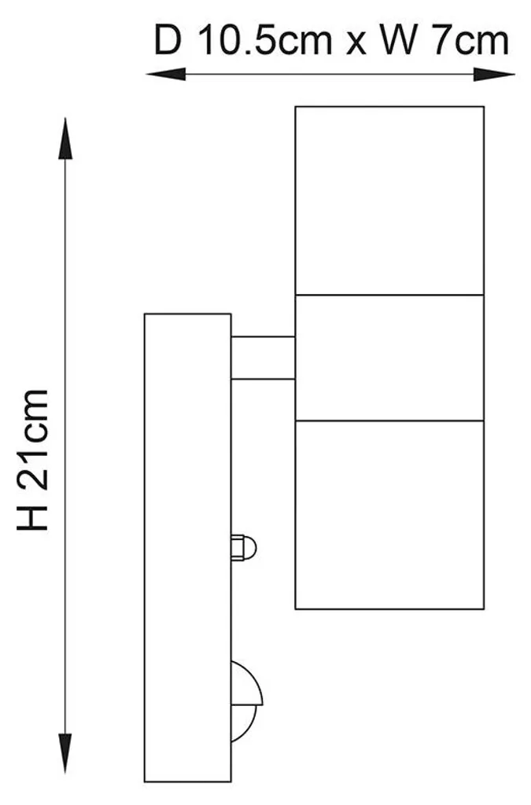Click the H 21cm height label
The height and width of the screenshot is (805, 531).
33,460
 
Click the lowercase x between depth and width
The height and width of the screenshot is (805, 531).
356,45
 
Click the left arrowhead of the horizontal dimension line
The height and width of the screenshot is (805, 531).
165,75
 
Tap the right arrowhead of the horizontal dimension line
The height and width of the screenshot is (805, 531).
494,75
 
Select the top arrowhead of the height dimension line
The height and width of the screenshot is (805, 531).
65,138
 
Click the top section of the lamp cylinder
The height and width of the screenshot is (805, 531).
389,200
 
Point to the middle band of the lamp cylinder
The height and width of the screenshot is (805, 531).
389,358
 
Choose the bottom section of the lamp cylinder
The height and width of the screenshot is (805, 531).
389,515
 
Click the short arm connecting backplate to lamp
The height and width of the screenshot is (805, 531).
263,358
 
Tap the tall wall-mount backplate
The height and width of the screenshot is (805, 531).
187,547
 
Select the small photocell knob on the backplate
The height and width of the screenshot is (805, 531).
243,547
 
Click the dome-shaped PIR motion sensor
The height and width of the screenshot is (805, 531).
246,701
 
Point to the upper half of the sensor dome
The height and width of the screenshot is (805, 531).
245,684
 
